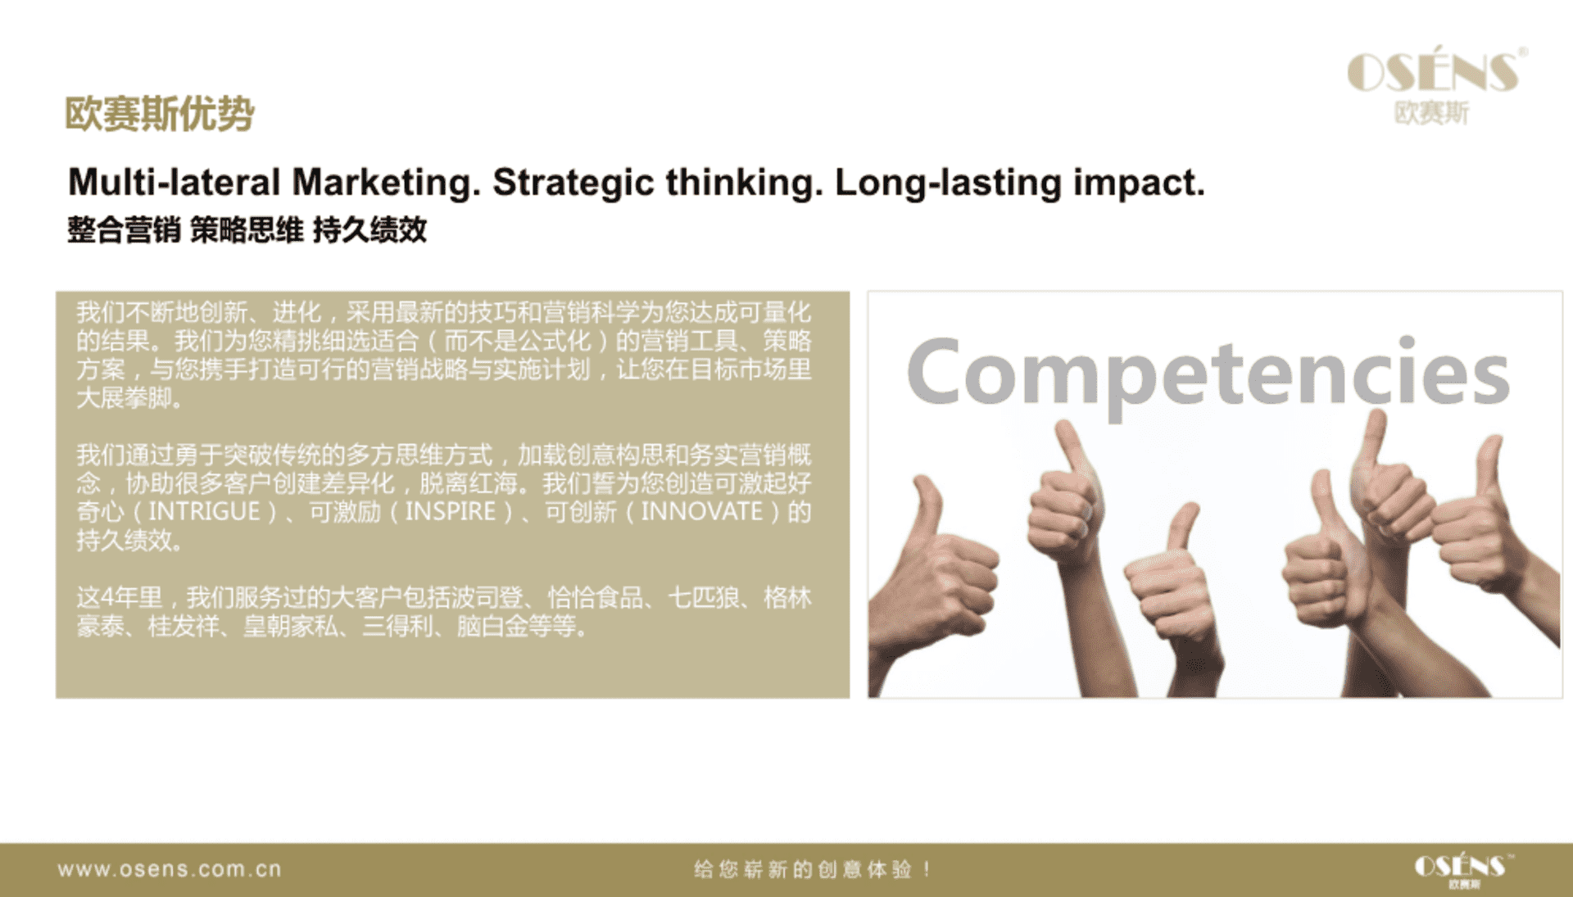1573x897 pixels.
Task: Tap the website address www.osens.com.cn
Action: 170,869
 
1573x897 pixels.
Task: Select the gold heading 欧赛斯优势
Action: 160,113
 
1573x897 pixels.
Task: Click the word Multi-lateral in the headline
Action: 175,182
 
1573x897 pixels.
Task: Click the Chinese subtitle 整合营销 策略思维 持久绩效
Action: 247,230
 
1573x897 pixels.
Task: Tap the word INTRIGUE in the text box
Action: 204,512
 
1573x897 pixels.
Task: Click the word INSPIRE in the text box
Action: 451,512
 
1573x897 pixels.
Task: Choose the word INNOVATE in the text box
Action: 702,512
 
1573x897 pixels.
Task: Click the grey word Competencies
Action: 1208,375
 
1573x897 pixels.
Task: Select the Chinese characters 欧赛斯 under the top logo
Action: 1432,112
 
